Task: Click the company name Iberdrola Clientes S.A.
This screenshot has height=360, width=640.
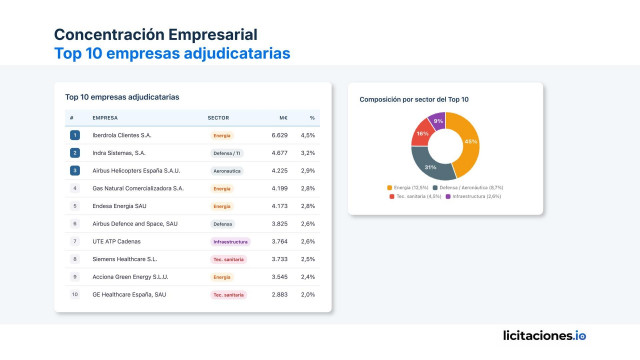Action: (121, 135)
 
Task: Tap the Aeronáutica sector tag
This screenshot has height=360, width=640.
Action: (228, 171)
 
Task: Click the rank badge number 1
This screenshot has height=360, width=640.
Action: (74, 135)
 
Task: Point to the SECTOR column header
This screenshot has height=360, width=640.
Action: (218, 118)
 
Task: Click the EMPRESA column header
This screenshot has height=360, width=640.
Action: (105, 118)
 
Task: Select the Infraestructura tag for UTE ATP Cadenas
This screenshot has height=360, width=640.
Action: (230, 242)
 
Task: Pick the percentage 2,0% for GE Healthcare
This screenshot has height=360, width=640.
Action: (308, 295)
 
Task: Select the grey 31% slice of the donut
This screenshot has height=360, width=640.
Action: (427, 161)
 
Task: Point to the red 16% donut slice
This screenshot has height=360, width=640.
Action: (423, 133)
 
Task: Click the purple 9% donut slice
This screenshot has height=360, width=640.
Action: (438, 121)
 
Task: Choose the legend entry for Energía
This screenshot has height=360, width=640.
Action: (406, 187)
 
